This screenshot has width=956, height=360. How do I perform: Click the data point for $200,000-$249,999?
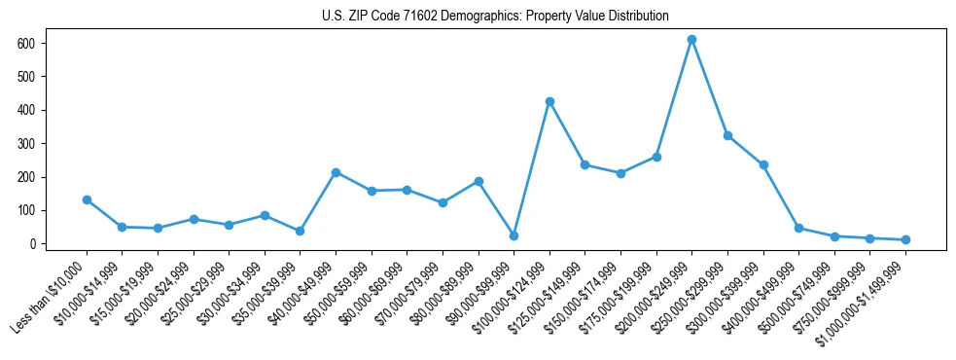[691, 40]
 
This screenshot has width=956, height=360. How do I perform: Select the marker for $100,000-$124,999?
[549, 101]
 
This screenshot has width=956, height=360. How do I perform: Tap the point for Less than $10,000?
[87, 199]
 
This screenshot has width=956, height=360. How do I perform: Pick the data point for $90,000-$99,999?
[513, 235]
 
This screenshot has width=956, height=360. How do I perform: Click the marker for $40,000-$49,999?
[336, 172]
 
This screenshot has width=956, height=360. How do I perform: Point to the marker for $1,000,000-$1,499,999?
[905, 239]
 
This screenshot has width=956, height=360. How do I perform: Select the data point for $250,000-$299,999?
[727, 135]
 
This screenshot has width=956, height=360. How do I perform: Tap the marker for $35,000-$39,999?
[300, 231]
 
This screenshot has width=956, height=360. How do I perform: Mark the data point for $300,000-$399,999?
[763, 164]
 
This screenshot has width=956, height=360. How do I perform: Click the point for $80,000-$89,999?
[478, 181]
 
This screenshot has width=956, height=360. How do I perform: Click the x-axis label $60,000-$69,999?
[370, 292]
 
